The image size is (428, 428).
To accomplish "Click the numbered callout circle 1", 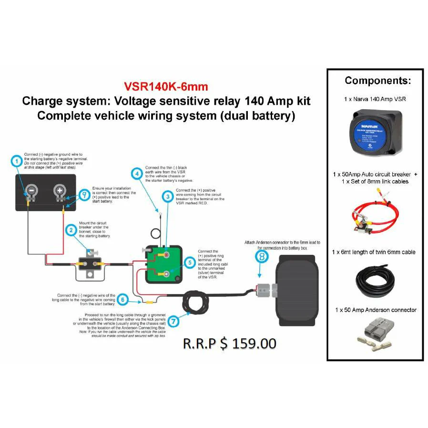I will pyautogui.click(x=17, y=162).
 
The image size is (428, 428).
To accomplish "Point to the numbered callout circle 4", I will pyautogui.click(x=138, y=174).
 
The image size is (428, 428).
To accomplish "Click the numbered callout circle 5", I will pyautogui.click(x=189, y=262).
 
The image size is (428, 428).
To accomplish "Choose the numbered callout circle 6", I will pyautogui.click(x=123, y=300).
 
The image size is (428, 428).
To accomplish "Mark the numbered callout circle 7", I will pyautogui.click(x=174, y=321).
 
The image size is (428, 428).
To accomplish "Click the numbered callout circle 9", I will pyautogui.click(x=84, y=194).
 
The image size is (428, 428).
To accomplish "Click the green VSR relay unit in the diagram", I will pyautogui.click(x=163, y=265).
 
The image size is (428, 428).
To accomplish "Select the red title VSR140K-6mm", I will pyautogui.click(x=166, y=87).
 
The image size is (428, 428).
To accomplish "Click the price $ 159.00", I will pyautogui.click(x=230, y=343).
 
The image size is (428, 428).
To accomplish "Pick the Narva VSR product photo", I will pyautogui.click(x=375, y=131).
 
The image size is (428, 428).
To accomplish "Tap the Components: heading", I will pyautogui.click(x=377, y=81).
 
